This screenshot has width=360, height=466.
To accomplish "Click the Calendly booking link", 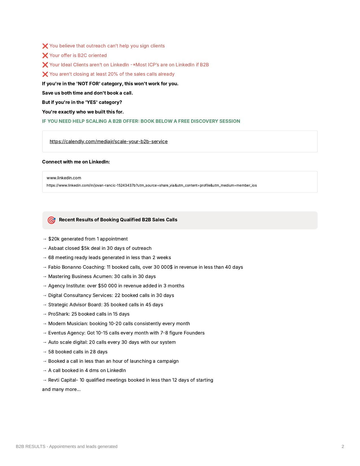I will pyautogui.click(x=108, y=141).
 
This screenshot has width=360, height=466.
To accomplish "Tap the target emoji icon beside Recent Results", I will pyautogui.click(x=51, y=220).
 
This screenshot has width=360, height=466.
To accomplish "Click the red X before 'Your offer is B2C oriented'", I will pyautogui.click(x=45, y=55).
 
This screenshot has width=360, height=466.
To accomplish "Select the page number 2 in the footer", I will pyautogui.click(x=343, y=446).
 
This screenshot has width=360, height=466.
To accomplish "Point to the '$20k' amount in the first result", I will pyautogui.click(x=54, y=239).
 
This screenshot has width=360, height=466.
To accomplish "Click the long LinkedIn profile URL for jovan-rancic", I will pyautogui.click(x=152, y=185).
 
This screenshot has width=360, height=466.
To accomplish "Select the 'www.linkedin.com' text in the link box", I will pyautogui.click(x=64, y=178).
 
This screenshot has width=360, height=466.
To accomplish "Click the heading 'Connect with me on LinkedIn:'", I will pyautogui.click(x=76, y=162).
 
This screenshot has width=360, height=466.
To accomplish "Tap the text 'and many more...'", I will pyautogui.click(x=61, y=389).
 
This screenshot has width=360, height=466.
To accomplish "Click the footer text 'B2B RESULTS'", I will pyautogui.click(x=30, y=446).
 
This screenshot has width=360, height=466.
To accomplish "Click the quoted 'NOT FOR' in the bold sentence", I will pyautogui.click(x=88, y=84).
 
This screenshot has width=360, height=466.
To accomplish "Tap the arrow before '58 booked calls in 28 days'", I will pyautogui.click(x=44, y=352).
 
